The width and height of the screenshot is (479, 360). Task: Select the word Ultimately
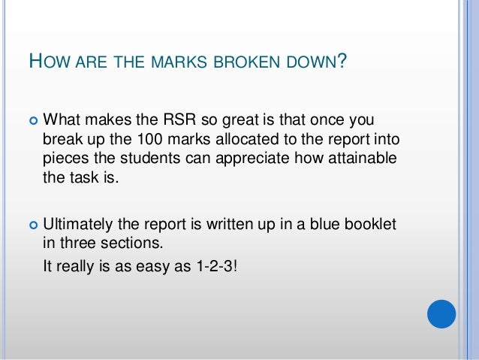(79, 224)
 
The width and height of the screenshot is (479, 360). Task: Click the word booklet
(369, 224)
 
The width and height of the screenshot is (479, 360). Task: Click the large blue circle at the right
(441, 314)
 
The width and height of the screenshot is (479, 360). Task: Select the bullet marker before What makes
(32, 121)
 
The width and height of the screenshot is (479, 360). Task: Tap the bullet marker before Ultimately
(32, 225)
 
